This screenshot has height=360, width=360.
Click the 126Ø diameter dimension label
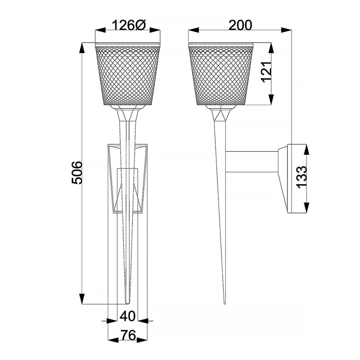point(128,26)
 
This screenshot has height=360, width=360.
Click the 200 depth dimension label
point(240,25)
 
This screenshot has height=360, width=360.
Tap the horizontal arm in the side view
point(251,163)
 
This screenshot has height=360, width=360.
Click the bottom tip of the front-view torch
point(128,301)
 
